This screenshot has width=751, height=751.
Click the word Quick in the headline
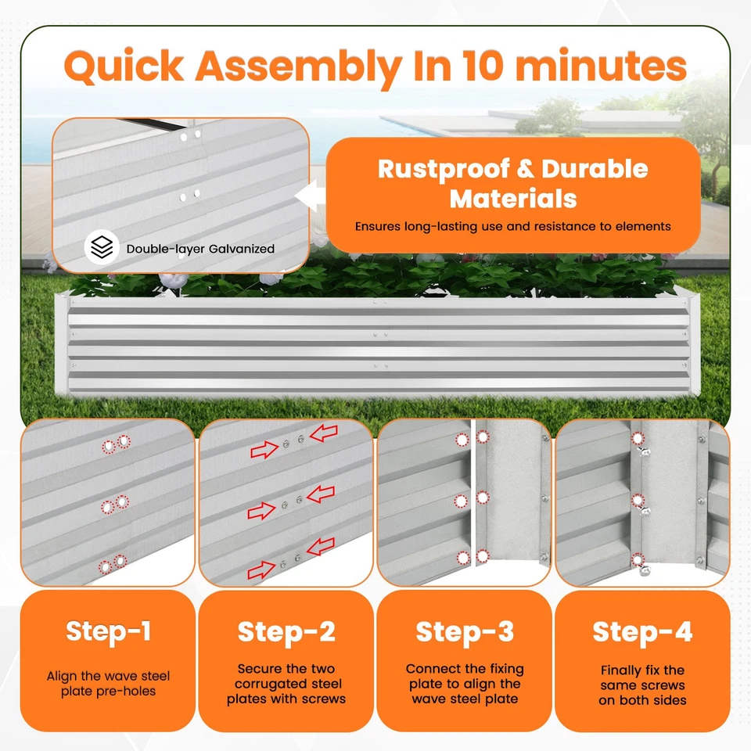(124, 66)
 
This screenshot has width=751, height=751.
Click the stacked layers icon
(102, 247)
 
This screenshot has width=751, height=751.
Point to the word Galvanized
(242, 249)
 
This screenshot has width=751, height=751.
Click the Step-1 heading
(108, 631)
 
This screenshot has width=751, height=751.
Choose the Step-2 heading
(286, 632)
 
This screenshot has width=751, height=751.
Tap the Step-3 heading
(465, 632)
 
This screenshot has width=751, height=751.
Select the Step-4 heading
(642, 632)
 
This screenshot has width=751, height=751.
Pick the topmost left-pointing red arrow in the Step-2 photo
(324, 433)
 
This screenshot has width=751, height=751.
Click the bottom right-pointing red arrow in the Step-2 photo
(261, 570)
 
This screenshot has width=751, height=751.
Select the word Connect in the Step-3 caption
(429, 669)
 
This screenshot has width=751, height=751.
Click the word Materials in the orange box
(513, 199)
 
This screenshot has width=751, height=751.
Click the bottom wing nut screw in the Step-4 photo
(645, 569)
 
